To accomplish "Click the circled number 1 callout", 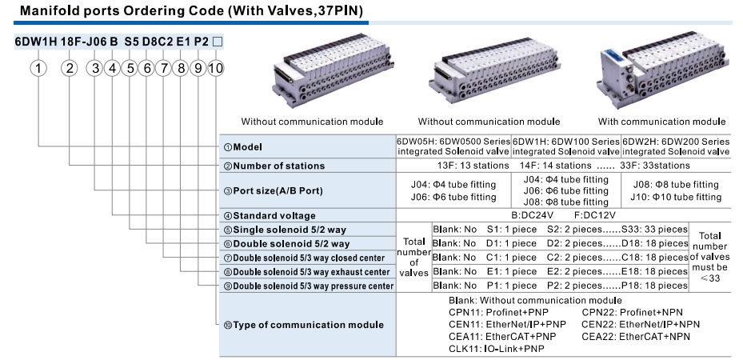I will point(38,68).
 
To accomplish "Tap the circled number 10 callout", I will point(216,68).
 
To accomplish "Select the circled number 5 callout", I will point(129,68).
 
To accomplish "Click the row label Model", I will point(247,147).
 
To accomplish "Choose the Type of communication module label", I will point(307,325).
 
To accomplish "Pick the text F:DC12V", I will point(597,215).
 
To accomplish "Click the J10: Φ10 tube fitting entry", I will point(676,197).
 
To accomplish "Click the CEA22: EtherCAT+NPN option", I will point(636,337).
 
